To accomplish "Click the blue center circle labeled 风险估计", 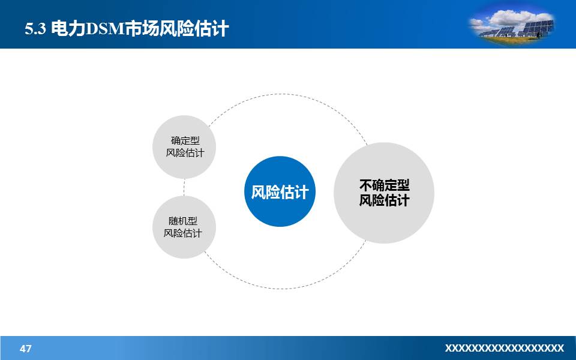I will tap(280, 191).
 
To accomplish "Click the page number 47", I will tap(26, 349).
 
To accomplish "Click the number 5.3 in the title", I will tap(35, 29).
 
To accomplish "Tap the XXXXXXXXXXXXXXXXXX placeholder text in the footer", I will tap(504, 348).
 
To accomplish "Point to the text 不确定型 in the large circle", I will tap(384, 185).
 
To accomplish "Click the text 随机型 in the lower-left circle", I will tap(183, 220).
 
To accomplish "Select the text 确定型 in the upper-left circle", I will tap(185, 140).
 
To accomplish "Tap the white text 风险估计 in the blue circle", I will tap(280, 192).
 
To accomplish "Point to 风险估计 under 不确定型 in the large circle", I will tap(384, 200).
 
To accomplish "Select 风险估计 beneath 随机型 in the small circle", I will tap(183, 233).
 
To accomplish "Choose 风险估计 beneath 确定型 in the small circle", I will tap(185, 153).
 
